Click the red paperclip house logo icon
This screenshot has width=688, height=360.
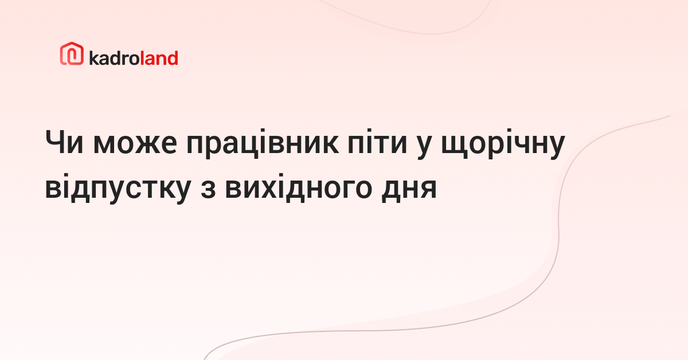tap(72, 53)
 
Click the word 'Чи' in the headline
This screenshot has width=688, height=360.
tap(64, 143)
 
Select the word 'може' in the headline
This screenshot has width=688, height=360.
tap(135, 144)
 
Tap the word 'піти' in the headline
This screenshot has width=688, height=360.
tap(377, 142)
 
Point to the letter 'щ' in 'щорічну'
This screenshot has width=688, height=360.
tap(455, 146)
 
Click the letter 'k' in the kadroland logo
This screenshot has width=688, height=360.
tap(93, 58)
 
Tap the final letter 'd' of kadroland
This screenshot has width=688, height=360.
tap(172, 58)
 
